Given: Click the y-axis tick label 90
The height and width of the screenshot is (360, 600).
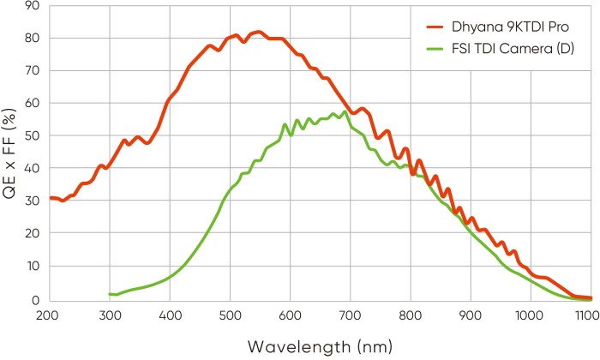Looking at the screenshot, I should click(x=32, y=6).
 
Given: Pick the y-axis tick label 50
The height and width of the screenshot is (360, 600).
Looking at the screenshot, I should click(x=32, y=136).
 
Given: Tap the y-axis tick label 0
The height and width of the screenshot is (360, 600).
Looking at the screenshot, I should click(x=35, y=300).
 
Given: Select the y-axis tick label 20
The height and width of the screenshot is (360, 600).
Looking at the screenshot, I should click(x=32, y=234).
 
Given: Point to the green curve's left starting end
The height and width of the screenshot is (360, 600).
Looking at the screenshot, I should click(x=110, y=294).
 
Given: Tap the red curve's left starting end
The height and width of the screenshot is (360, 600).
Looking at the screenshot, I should click(x=50, y=198).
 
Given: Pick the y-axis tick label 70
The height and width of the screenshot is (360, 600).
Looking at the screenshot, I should click(x=32, y=71).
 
